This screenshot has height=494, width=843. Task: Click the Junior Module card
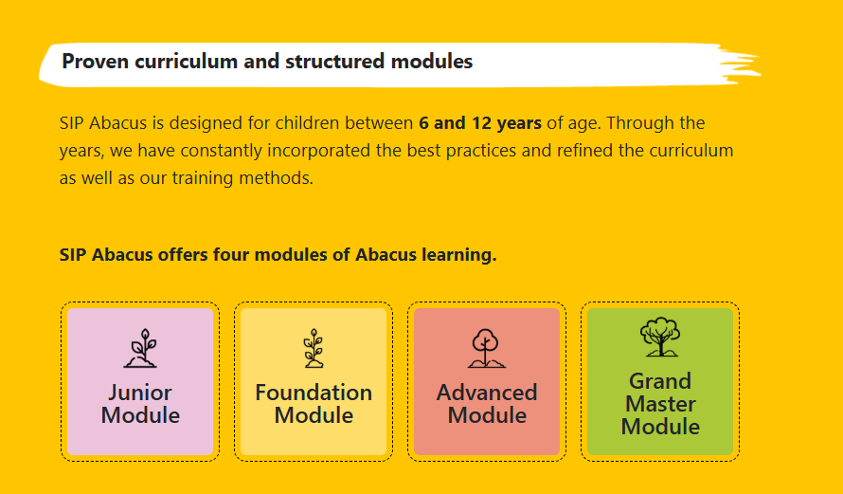140,381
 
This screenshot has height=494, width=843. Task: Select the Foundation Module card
314,381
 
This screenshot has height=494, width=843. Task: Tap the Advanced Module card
487,381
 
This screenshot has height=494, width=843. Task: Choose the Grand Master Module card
660,381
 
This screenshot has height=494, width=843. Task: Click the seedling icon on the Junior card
141,348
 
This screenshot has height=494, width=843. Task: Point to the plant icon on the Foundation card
314,348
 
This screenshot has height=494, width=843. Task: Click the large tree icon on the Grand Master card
660,337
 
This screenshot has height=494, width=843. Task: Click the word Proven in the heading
96,62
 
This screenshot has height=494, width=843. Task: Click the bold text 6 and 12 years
480,123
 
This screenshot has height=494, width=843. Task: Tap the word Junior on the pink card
140,393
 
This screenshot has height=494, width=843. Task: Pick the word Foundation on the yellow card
314,393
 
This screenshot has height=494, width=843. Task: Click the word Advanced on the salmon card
487,393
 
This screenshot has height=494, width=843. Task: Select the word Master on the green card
660,404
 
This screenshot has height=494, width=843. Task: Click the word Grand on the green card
660,381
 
